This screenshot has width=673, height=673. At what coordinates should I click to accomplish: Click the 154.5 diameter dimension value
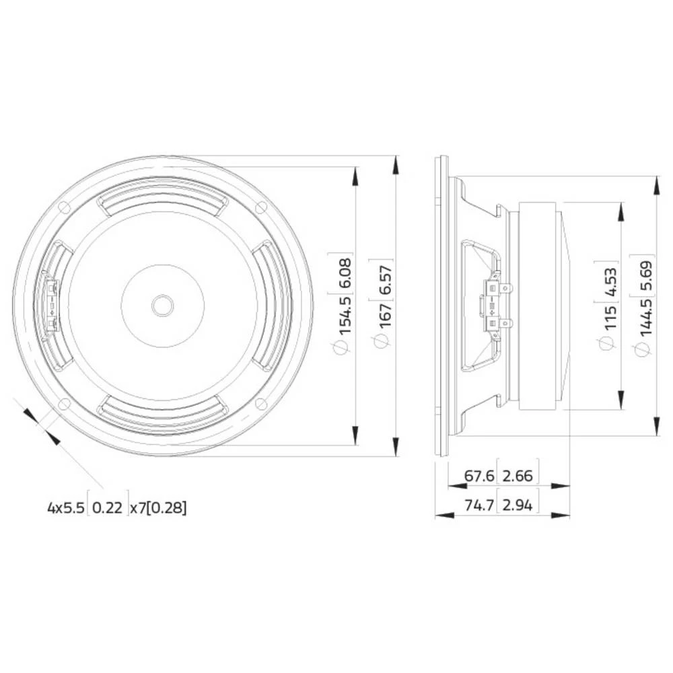(344, 307)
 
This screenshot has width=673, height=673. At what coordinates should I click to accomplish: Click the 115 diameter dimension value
(610, 316)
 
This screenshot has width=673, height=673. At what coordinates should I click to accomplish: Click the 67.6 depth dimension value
(479, 476)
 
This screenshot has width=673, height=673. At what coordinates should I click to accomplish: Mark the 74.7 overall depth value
(479, 505)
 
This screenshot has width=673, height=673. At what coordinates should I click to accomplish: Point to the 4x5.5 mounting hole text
(66, 508)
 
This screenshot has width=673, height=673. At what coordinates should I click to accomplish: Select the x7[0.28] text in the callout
(158, 508)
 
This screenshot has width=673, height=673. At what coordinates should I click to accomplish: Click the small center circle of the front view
(162, 305)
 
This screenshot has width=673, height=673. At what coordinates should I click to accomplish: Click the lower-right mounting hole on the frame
(261, 404)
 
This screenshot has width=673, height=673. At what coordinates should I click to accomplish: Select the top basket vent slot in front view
(162, 199)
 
